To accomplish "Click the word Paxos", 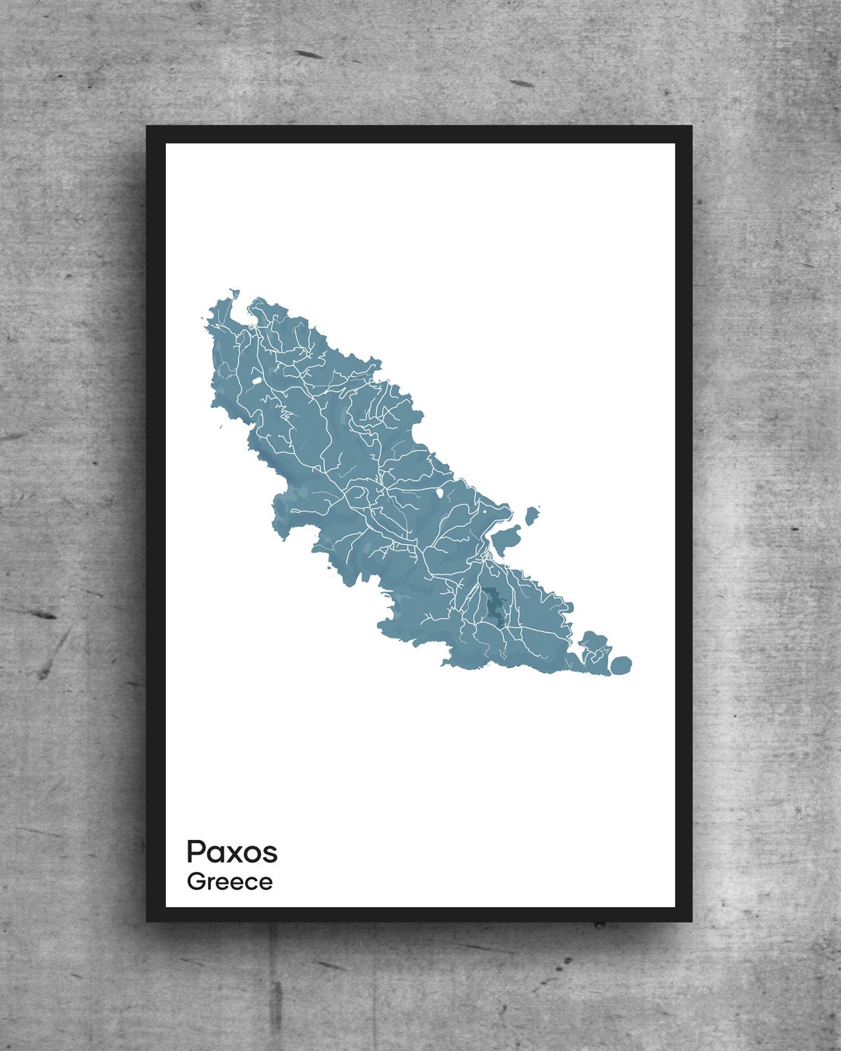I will click(232, 852).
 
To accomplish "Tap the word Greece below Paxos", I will click(230, 882).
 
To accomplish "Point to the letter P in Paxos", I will click(195, 852).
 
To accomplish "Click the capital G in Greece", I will click(196, 882).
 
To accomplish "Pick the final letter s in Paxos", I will click(269, 854).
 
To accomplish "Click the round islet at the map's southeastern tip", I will click(621, 665).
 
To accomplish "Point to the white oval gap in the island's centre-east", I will click(442, 492).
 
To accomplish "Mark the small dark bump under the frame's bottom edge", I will click(600, 925).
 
